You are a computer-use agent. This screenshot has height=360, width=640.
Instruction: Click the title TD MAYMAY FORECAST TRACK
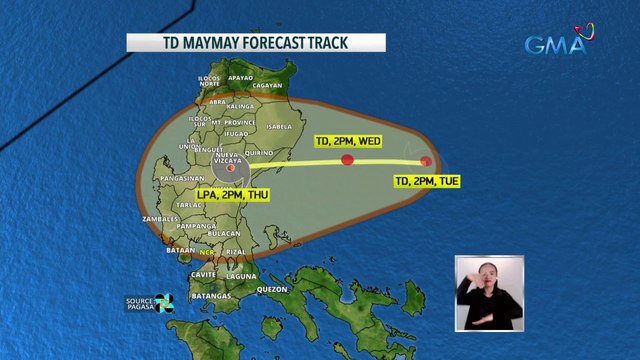[x=255, y=42]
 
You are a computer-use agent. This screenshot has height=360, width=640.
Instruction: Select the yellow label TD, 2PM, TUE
[x=430, y=181]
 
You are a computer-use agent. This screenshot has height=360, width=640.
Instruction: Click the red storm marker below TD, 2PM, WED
[x=348, y=160]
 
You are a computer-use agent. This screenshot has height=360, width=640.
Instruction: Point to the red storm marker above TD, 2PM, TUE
[x=427, y=161]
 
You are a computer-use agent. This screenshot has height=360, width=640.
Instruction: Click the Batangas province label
[x=212, y=297]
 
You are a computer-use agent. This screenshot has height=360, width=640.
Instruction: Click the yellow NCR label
[x=207, y=252]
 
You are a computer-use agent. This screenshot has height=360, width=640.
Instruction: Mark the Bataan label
[x=181, y=246]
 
